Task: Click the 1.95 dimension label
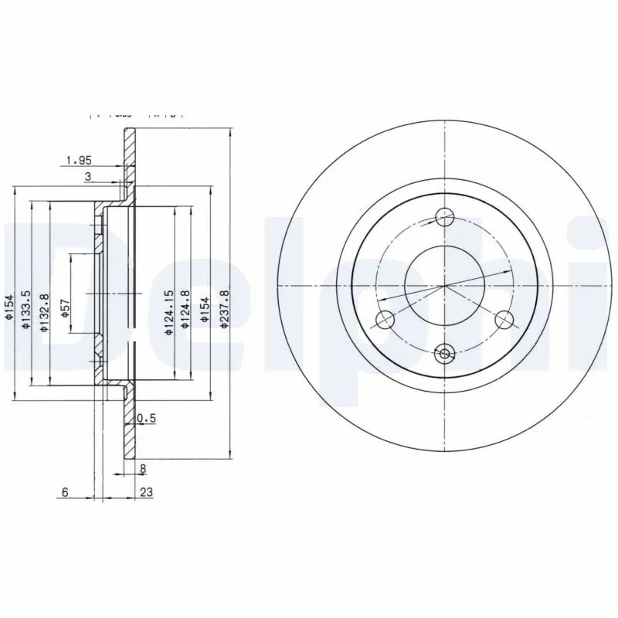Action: click(x=79, y=160)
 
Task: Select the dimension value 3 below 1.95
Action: click(x=89, y=178)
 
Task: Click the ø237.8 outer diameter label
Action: click(x=225, y=309)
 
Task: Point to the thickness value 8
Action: click(x=143, y=468)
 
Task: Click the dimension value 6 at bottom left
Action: click(x=66, y=491)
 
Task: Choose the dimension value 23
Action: click(x=145, y=491)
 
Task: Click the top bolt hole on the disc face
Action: click(x=445, y=216)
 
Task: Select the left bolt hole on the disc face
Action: click(x=382, y=319)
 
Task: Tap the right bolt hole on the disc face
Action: click(x=504, y=318)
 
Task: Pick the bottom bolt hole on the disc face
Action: click(x=445, y=354)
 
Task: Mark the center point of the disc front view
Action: click(x=445, y=286)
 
